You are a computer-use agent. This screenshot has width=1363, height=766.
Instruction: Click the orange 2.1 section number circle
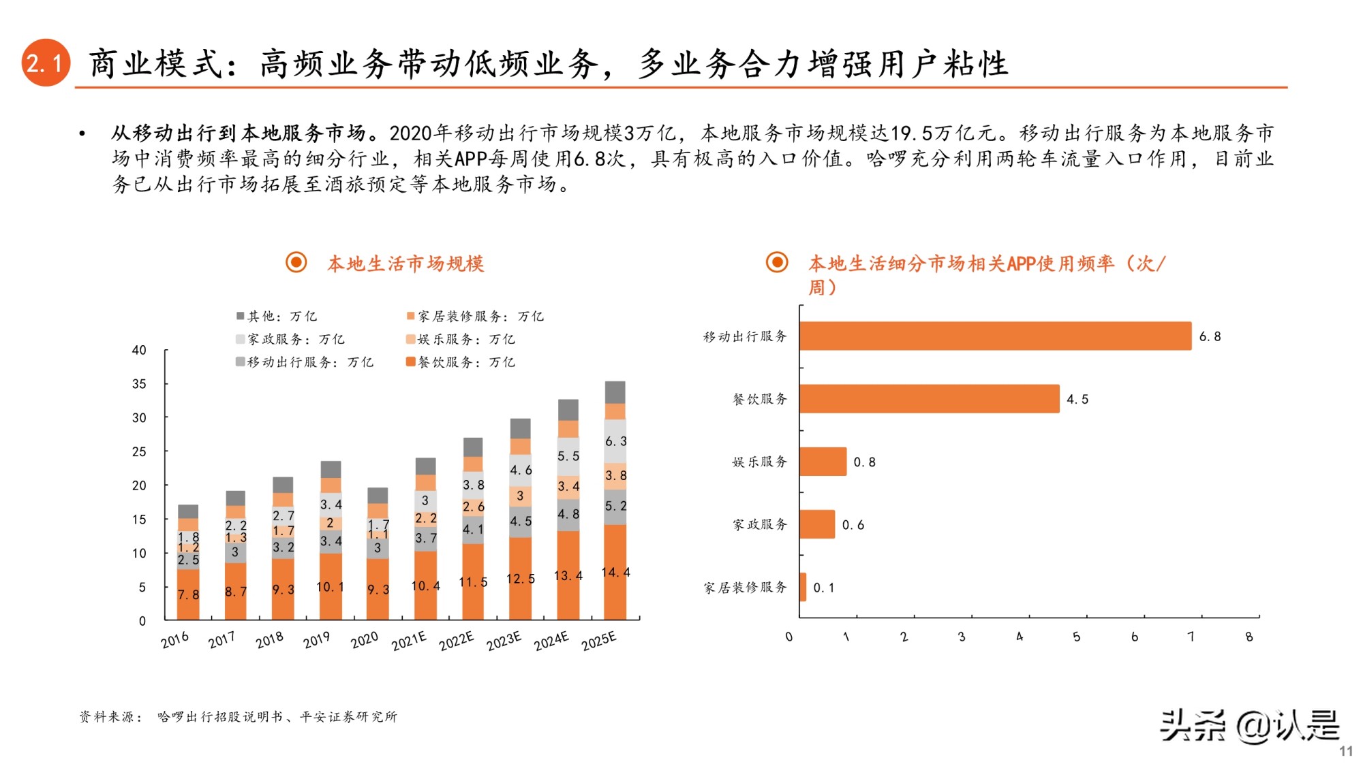46,63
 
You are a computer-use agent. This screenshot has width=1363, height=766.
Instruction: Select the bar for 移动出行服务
995,336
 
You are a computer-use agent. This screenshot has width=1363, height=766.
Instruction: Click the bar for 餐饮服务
929,399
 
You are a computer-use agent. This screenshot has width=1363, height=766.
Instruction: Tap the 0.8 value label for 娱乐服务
864,462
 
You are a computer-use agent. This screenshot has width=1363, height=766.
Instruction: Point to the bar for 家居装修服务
803,587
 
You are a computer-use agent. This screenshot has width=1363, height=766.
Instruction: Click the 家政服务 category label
759,525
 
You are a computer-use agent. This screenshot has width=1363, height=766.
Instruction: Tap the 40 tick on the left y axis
139,350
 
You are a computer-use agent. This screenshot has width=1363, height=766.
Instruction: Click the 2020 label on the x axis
364,640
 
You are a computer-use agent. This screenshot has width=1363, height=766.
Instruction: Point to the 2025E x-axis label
598,641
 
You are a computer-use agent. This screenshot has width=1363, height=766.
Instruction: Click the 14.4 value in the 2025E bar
615,573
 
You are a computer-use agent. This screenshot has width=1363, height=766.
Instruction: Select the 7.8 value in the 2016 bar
188,594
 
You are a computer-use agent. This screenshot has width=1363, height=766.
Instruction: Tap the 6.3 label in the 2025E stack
615,441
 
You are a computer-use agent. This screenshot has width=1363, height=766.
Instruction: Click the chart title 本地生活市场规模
405,264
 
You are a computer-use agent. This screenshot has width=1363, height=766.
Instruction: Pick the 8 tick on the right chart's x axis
1249,637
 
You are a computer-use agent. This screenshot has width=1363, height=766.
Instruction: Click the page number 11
1345,751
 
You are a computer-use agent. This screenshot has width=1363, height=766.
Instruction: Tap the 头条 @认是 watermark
1250,726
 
